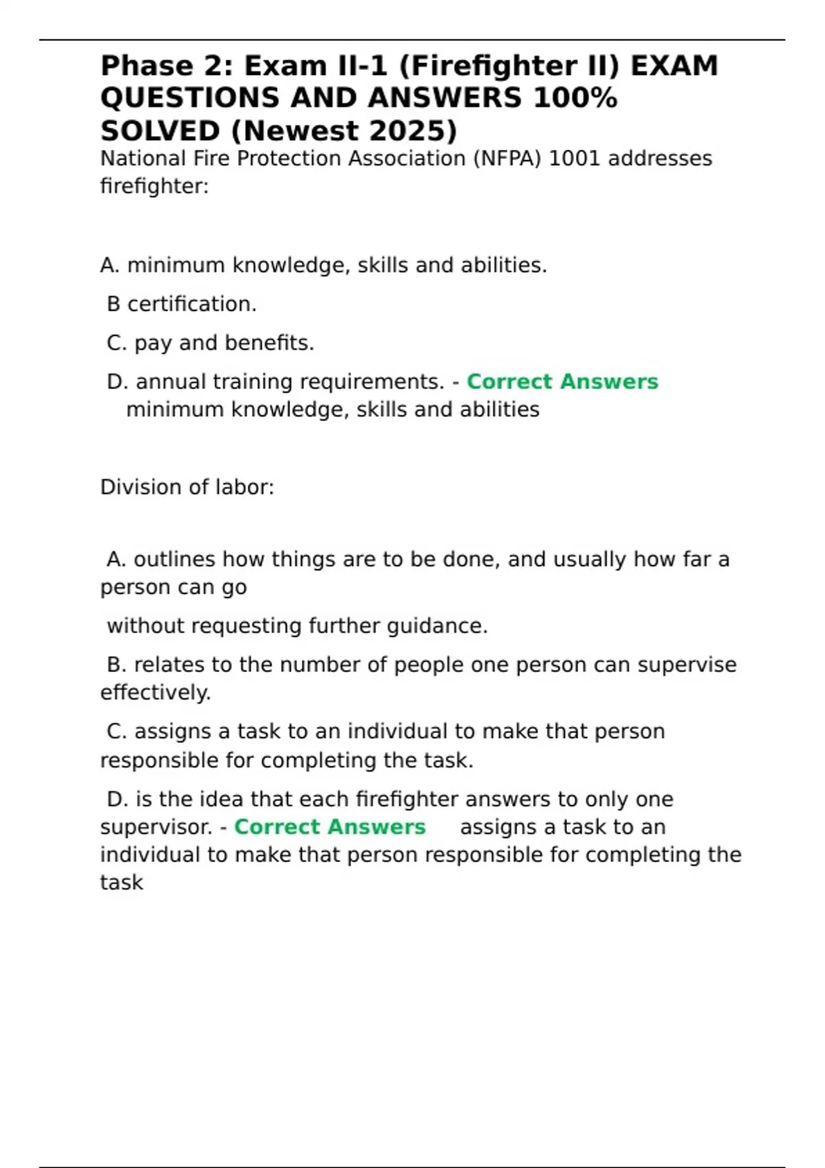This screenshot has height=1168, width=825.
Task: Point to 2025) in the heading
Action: click(x=412, y=131)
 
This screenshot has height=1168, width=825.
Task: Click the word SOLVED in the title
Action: click(x=159, y=131)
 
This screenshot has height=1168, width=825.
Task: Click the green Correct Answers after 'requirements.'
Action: click(x=562, y=382)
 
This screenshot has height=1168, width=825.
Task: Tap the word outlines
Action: click(x=175, y=560)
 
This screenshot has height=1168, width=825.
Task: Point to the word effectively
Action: click(x=155, y=693)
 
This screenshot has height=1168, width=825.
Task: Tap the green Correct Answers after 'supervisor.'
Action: click(x=330, y=827)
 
